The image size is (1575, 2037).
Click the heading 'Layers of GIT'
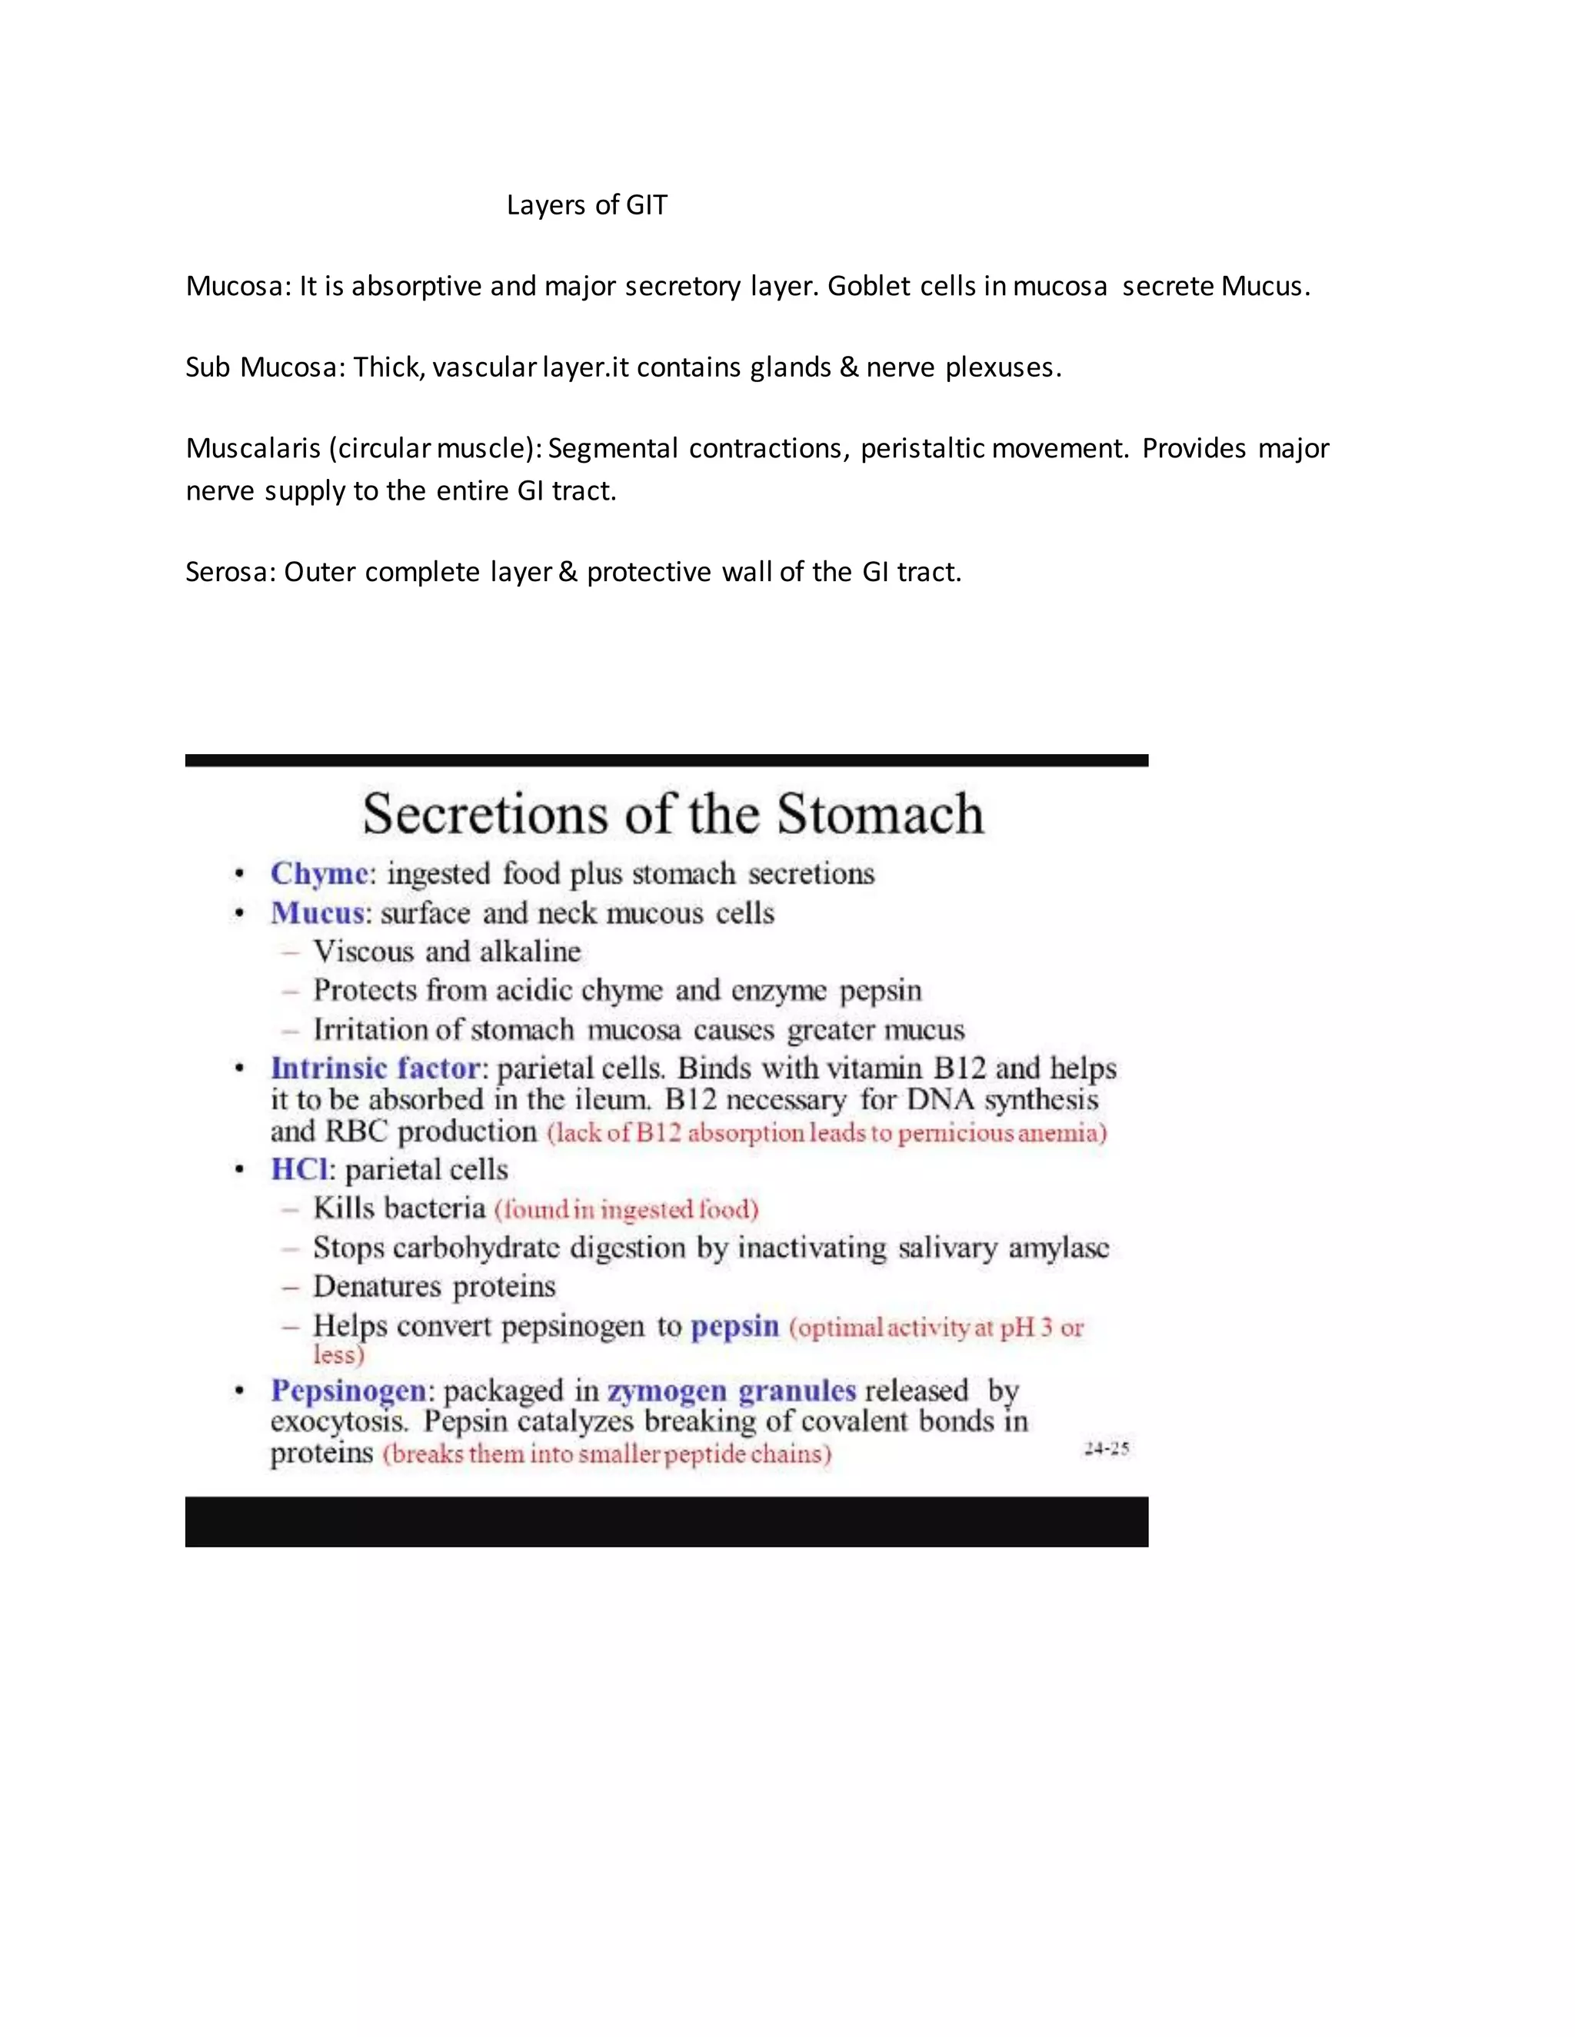pos(587,205)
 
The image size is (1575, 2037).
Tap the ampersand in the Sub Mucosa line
pos(848,367)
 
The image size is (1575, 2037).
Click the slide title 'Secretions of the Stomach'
pos(673,814)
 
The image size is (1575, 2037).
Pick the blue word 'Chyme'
pos(319,874)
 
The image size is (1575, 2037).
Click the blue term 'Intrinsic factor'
pos(375,1068)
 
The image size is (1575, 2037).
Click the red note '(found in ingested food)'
pos(626,1210)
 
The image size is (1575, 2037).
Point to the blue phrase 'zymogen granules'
pos(731,1391)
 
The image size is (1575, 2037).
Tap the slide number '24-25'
pos(1107,1448)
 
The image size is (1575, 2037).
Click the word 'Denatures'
pos(377,1287)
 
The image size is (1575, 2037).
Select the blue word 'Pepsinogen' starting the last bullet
pos(348,1391)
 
